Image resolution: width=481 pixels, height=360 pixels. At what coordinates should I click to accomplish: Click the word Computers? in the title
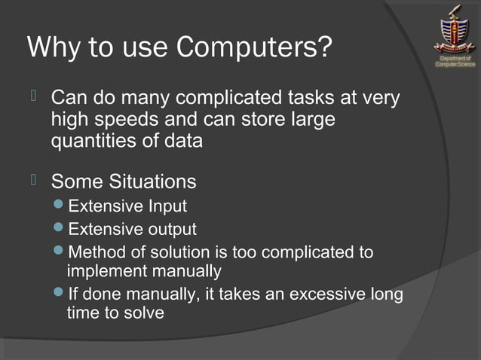click(254, 47)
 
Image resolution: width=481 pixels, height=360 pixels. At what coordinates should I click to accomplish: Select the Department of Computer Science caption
click(455, 61)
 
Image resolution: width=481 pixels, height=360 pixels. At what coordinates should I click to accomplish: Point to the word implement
click(106, 271)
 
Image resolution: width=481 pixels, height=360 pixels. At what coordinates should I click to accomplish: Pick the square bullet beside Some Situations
click(34, 179)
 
